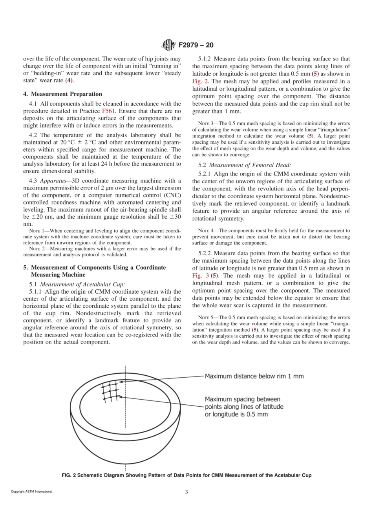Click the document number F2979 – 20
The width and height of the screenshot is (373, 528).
(x=196, y=45)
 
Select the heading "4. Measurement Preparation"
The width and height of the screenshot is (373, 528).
(x=62, y=94)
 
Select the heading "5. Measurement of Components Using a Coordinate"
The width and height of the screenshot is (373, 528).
(x=94, y=267)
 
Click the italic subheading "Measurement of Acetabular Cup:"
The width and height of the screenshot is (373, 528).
(x=82, y=284)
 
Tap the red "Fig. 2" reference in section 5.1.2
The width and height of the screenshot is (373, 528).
(x=200, y=81)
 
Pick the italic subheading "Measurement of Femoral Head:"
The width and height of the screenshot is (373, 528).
(x=250, y=165)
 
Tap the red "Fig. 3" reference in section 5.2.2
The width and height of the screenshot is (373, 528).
(x=200, y=276)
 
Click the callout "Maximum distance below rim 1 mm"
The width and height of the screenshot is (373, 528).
(x=254, y=376)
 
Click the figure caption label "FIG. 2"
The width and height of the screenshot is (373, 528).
(x=69, y=475)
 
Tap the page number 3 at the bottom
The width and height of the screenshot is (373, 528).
(x=186, y=492)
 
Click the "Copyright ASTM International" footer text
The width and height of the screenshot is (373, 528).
(x=31, y=491)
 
